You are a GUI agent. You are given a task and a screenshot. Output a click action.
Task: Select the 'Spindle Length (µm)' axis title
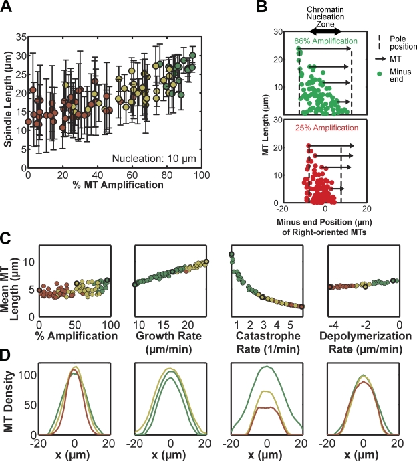[7, 100]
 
